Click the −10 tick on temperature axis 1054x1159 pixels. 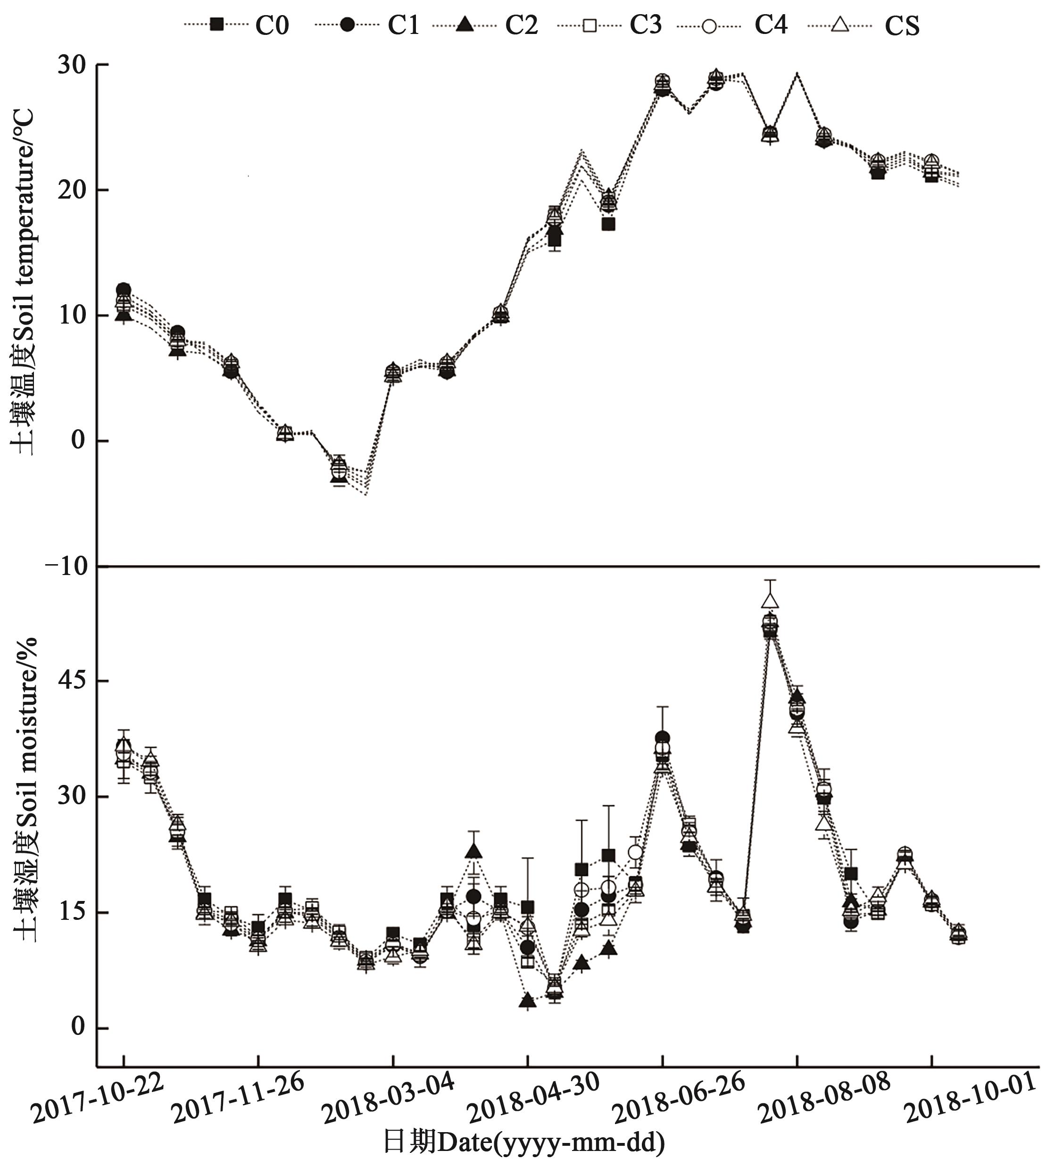click(66, 566)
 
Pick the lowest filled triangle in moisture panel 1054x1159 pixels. click(528, 1001)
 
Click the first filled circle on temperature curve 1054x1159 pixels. click(123, 290)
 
